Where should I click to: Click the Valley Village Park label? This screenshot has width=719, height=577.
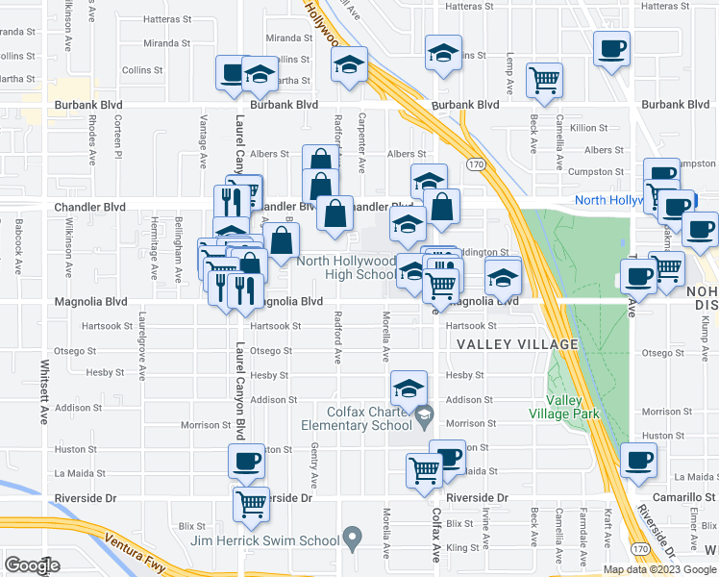tap(573, 407)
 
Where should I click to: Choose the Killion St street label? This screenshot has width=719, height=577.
tap(589, 127)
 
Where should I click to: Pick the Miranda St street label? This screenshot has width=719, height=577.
tap(161, 43)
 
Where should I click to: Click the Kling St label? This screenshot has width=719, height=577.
tap(461, 546)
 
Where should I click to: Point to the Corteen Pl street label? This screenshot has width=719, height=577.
tap(118, 139)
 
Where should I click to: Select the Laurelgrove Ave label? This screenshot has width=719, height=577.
tap(142, 345)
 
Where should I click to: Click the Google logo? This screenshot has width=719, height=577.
tap(32, 565)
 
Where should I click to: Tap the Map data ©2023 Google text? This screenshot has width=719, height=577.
tap(660, 569)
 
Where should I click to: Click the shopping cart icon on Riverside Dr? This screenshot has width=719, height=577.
tap(251, 502)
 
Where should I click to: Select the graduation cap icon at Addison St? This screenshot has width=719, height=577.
tap(409, 389)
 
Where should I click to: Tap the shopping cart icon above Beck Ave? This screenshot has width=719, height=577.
tap(545, 79)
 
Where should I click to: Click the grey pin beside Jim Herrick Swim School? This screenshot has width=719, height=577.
tap(354, 536)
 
